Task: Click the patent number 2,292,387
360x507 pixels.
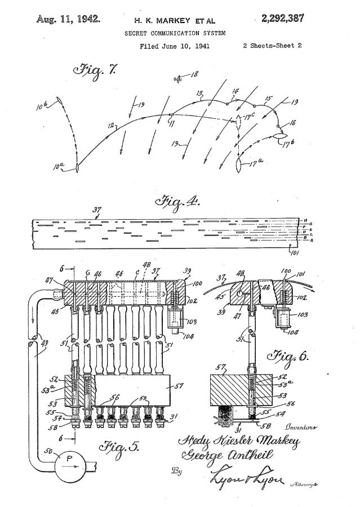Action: (x=281, y=19)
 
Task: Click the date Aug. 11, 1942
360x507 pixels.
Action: (x=68, y=19)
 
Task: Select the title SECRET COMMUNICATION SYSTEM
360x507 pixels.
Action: (x=175, y=33)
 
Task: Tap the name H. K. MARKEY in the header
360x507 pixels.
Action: (x=164, y=20)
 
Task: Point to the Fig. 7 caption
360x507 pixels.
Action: (x=95, y=72)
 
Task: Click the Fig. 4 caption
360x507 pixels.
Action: (x=176, y=201)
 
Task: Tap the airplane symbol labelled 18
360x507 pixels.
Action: (x=179, y=78)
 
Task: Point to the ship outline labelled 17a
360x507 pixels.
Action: (x=239, y=164)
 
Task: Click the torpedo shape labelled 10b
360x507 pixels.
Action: (x=58, y=102)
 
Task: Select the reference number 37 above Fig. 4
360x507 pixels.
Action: (x=96, y=211)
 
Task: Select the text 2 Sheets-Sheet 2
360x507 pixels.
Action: (x=272, y=46)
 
